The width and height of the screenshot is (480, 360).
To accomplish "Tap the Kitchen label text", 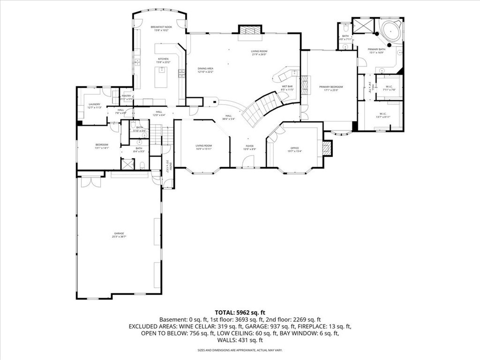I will [163, 59].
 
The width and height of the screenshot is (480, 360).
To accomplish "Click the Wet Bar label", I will [287, 86].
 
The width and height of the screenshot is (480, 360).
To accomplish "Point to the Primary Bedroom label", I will [331, 87].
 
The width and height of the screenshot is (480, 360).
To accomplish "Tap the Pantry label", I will [126, 96].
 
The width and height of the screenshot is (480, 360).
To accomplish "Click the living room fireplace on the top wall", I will [248, 30].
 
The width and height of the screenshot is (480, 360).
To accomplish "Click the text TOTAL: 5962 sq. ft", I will [240, 312].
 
